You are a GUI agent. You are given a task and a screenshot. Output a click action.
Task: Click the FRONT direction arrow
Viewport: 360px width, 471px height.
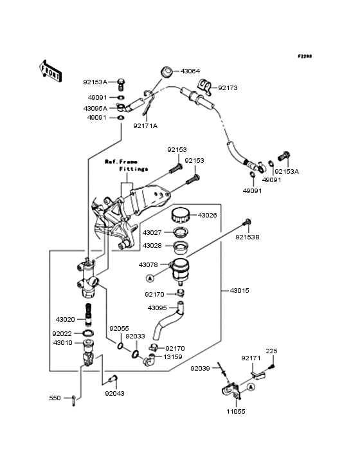(x=50, y=71)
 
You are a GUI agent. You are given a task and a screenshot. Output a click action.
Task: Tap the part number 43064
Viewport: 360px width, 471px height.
(x=190, y=71)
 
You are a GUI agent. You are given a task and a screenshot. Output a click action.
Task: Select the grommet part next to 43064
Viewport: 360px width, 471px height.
(x=166, y=72)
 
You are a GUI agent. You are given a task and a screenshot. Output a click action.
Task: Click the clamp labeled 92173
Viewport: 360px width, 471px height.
(x=205, y=87)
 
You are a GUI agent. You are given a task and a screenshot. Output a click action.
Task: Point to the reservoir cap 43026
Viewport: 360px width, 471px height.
(x=181, y=215)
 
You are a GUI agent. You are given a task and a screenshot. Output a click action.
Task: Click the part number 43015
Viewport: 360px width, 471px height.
(x=239, y=291)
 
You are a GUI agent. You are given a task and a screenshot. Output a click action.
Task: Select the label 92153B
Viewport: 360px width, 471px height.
(x=248, y=237)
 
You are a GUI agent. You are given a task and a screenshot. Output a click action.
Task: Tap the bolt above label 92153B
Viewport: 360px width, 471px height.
(x=247, y=223)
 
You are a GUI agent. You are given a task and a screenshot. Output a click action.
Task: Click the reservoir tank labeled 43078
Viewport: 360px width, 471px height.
(x=180, y=270)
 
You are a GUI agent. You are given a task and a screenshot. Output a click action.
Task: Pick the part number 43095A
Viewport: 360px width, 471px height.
(x=95, y=108)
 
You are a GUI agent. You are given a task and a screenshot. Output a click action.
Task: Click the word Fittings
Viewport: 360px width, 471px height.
(x=134, y=169)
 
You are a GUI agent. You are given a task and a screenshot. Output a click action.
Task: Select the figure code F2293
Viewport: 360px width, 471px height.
(x=305, y=56)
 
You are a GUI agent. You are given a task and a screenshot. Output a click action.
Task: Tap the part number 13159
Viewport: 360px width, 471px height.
(x=173, y=357)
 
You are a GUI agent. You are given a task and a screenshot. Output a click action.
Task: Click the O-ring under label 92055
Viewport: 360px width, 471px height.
(x=120, y=346)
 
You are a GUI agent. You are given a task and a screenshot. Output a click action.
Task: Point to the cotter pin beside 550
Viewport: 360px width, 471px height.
(x=73, y=401)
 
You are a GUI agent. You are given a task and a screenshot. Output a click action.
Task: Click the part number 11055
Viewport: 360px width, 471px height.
(x=236, y=412)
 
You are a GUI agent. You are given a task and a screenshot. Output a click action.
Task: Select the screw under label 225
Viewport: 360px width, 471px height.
(x=272, y=367)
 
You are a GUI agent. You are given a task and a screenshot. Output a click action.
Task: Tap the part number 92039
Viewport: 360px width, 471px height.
(x=200, y=368)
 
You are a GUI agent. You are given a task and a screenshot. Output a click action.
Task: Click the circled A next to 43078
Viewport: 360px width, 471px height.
(x=150, y=278)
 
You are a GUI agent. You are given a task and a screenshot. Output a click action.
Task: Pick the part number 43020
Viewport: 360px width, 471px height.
(x=66, y=320)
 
